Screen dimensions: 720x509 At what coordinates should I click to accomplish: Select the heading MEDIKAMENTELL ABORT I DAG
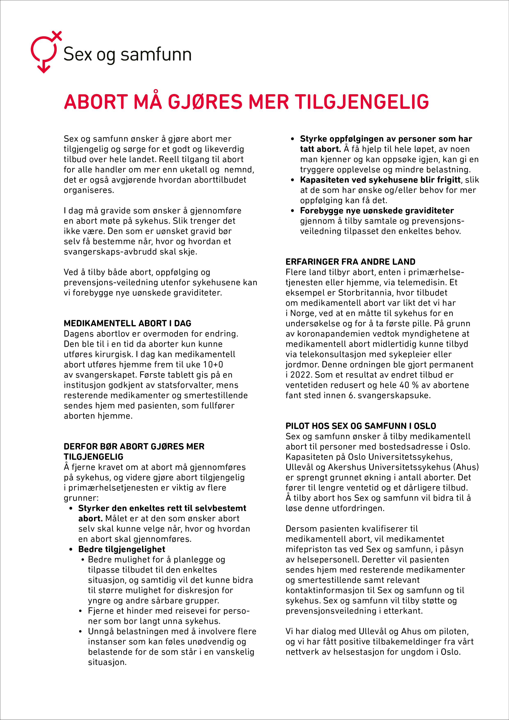[127, 323]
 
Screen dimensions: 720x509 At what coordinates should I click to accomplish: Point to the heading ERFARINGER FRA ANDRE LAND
[350, 262]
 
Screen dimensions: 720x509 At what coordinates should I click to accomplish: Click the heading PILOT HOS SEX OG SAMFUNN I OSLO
[361, 426]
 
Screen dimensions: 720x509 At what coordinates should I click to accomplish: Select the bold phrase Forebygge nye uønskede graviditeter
[377, 211]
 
